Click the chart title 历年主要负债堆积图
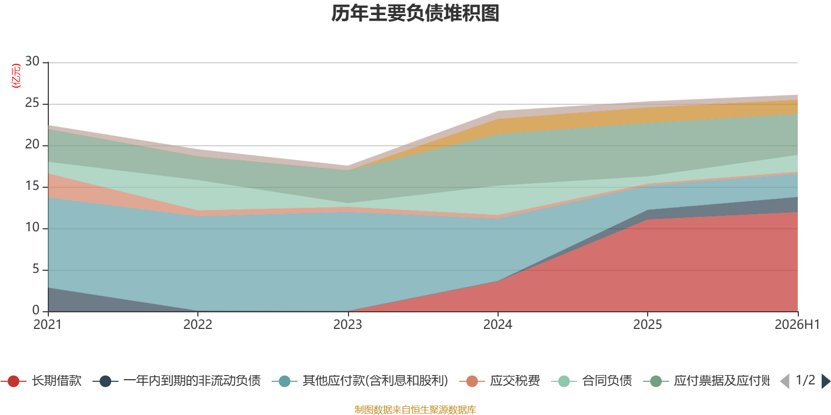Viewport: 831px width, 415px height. (x=415, y=13)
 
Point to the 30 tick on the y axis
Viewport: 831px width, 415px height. (x=32, y=61)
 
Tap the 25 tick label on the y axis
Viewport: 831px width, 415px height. (x=32, y=103)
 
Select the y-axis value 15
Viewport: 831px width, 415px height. (x=32, y=186)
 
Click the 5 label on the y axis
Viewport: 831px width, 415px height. (x=36, y=269)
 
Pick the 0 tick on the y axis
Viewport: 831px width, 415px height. (x=36, y=310)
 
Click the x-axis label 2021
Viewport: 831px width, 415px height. (x=48, y=325)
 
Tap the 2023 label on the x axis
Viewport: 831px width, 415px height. (x=347, y=325)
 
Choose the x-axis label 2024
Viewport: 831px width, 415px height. (x=498, y=325)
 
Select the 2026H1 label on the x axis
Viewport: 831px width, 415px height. (x=797, y=325)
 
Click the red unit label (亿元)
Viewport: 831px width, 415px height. (x=16, y=76)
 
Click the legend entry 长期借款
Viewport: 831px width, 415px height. (x=42, y=381)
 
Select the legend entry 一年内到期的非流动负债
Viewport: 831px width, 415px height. (x=177, y=381)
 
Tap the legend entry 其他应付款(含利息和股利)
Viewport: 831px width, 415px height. (x=360, y=381)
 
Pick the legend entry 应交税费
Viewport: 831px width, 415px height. (x=500, y=381)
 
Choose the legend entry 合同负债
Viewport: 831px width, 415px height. (x=592, y=381)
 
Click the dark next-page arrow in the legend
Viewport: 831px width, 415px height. (x=825, y=381)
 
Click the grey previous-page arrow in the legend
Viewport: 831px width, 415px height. (x=785, y=381)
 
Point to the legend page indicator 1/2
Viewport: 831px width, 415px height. (x=806, y=380)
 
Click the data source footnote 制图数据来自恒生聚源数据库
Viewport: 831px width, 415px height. (x=415, y=409)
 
